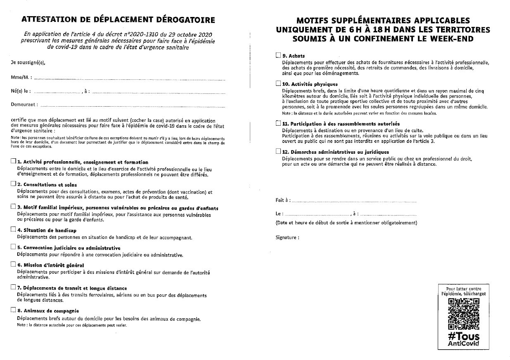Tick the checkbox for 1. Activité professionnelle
point(14,162)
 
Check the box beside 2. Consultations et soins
point(14,184)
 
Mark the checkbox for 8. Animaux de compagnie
point(14,310)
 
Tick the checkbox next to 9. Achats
point(278,55)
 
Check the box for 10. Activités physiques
point(278,83)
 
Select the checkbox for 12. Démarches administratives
point(278,151)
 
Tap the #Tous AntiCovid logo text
point(463,339)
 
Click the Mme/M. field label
point(20,78)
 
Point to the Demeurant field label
point(24,105)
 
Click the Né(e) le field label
point(20,91)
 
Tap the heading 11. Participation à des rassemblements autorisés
point(341,124)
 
